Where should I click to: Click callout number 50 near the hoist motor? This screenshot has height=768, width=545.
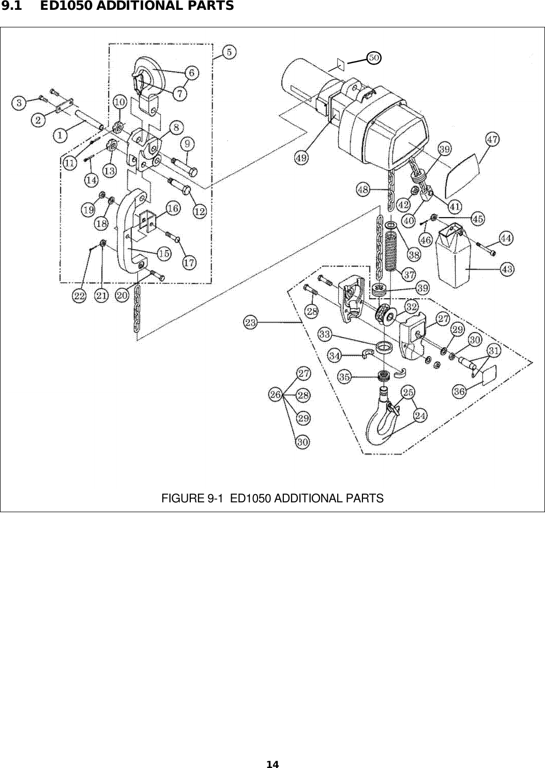(374, 57)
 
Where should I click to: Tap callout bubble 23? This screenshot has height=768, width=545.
(250, 323)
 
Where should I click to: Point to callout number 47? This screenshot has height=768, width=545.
(493, 139)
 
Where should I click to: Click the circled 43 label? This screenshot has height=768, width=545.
(507, 269)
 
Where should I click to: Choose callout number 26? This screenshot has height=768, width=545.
(275, 395)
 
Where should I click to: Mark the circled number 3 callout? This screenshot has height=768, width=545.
(19, 102)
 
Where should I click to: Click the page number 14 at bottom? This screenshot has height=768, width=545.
(272, 764)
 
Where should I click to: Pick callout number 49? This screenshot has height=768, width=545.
(301, 158)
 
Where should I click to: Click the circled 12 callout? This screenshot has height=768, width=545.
(200, 211)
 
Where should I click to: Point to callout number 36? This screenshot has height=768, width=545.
(459, 391)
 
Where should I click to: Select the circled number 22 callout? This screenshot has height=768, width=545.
(79, 296)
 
